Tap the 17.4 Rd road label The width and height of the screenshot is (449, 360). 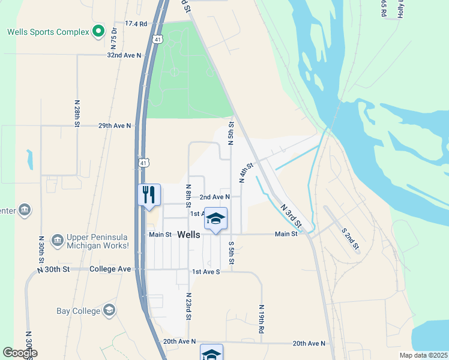tap(136, 24)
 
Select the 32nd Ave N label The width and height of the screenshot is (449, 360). tap(124, 55)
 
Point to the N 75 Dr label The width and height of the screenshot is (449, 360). tap(113, 37)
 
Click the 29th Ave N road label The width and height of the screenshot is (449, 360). tap(114, 126)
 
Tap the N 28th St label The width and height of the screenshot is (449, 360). tap(77, 113)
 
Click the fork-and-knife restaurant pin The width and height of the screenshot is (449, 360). tap(149, 195)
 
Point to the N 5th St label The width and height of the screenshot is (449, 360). tap(231, 133)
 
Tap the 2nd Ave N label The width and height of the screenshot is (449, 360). tap(215, 197)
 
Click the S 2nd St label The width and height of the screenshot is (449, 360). tap(350, 238)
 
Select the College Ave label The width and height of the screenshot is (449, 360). tap(110, 269)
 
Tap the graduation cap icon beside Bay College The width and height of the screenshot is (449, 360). tap(109, 310)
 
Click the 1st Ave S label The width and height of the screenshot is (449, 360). tap(206, 272)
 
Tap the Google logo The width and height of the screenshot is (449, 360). tap(20, 353)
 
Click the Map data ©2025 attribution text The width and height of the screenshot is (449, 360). tap(423, 355)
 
